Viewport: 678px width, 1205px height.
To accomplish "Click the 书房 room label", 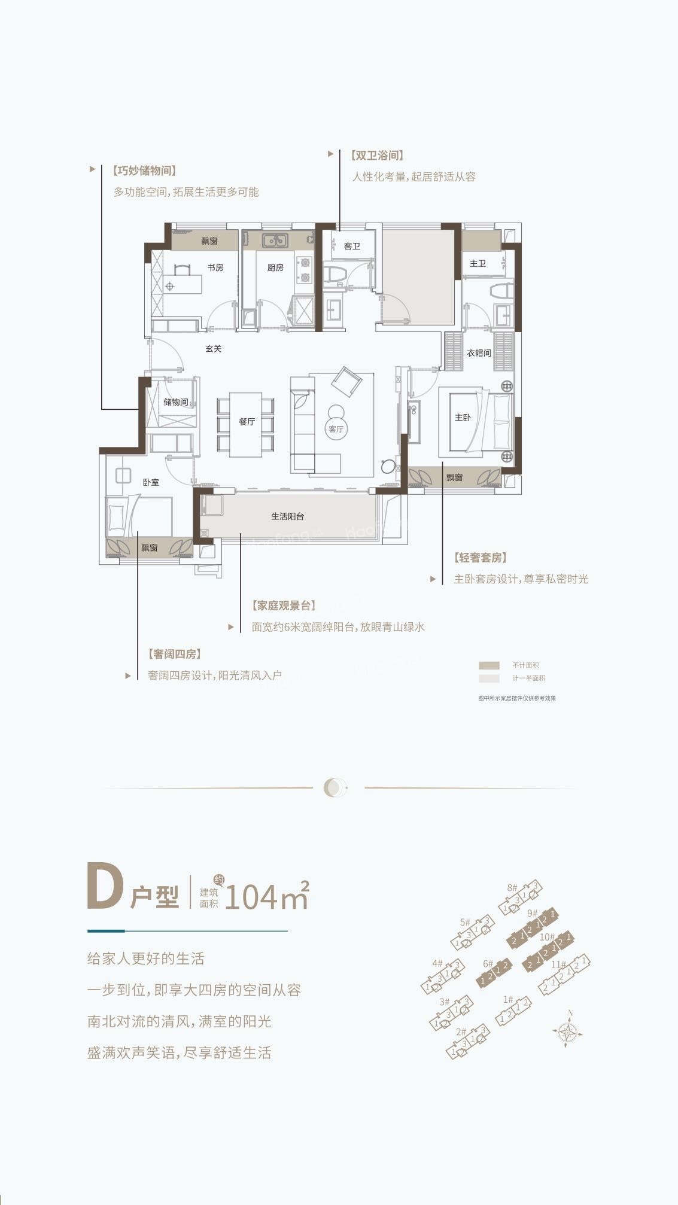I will coord(215,267).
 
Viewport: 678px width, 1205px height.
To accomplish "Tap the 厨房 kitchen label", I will coord(275,267).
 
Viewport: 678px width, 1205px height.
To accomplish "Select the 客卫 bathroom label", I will coord(352,246).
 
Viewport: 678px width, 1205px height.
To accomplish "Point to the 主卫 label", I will coord(478,263).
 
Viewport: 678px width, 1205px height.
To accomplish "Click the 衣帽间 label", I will coord(479,353).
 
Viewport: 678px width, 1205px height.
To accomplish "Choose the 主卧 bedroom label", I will coord(463,417).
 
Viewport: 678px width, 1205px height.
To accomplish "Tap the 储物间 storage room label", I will coord(176,401).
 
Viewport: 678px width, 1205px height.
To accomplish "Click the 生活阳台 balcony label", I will coord(288,516).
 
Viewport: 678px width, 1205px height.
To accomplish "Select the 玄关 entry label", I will coord(214,348).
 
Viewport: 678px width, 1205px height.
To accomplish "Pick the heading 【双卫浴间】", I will coord(376,156).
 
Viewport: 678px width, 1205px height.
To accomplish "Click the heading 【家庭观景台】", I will coord(284,605).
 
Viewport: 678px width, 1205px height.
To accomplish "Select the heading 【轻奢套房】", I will coord(481,558).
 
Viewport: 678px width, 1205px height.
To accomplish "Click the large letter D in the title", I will coord(105,887).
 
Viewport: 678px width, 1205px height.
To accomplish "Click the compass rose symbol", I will coord(567,1032).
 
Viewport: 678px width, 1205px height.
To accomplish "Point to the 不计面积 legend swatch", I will coord(489,665).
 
